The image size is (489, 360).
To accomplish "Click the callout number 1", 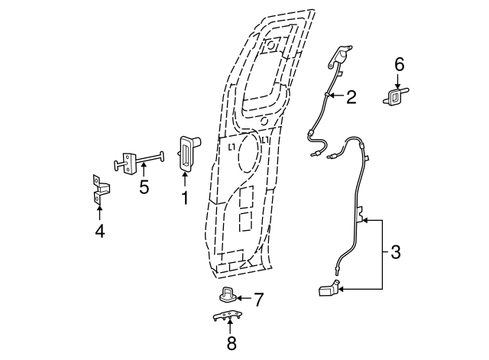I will (184, 198).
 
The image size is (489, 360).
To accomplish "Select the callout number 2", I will (351, 97).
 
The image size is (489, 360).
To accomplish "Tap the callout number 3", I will (394, 252).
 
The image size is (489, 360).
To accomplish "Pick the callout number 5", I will (144, 186).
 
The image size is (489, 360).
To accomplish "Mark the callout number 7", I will (258, 299).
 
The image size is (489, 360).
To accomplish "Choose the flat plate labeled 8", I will (227, 317).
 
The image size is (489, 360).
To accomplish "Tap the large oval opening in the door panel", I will (248, 155).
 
